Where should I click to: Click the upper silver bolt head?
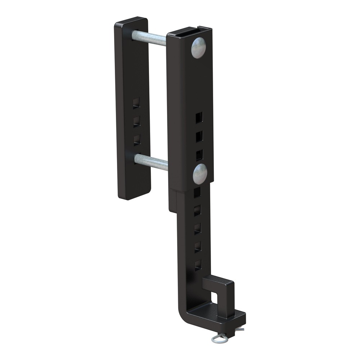pos(198,48)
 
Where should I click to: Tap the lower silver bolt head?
pos(200,174)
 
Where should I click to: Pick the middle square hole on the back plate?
pos(136,121)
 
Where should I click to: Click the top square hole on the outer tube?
pos(199,117)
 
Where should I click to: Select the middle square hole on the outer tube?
pos(199,136)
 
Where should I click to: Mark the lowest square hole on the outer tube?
pos(199,155)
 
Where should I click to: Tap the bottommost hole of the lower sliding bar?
pos(198,265)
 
